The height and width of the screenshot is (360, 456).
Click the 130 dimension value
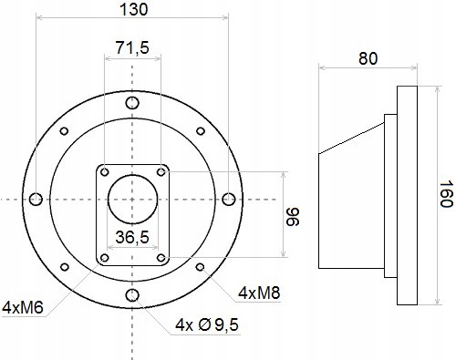coord(134,9)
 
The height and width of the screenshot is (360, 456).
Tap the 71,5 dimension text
coord(132,48)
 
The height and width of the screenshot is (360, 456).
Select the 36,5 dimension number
coord(132,237)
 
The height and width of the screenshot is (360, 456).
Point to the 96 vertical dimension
coord(294,217)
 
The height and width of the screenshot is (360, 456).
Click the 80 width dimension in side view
coord(368,58)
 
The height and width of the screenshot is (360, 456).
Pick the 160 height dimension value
coord(447,194)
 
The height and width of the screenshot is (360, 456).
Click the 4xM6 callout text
coord(23,308)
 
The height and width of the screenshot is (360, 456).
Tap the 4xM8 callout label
coord(259,293)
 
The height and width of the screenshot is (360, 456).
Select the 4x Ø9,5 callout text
coord(207,325)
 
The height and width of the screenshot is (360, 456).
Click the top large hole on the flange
coord(132,103)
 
